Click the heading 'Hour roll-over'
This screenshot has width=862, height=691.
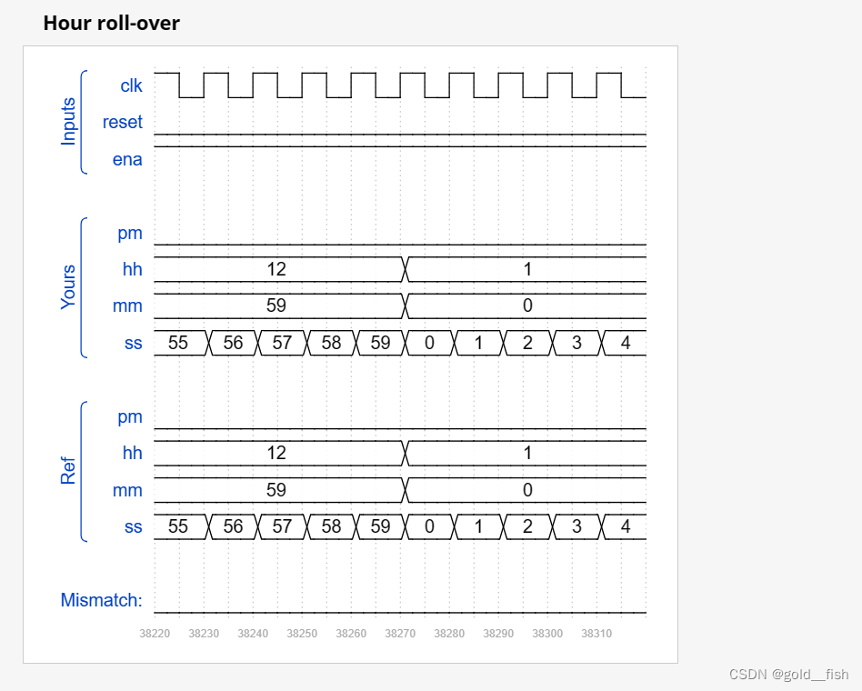[111, 24]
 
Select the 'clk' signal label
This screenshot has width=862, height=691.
[131, 86]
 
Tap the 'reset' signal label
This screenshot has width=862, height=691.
[123, 123]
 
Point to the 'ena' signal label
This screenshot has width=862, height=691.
[127, 160]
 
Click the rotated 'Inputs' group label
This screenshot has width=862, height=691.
[69, 122]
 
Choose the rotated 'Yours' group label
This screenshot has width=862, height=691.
[69, 287]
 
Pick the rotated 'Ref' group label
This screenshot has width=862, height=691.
[69, 471]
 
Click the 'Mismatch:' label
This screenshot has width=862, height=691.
[101, 600]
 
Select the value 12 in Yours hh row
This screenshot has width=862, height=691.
[276, 269]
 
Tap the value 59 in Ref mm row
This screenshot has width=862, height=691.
[276, 490]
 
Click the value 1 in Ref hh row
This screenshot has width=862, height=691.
[527, 453]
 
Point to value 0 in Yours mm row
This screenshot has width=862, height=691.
[527, 306]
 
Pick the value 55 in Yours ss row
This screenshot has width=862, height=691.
[178, 343]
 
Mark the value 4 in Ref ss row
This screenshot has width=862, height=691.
[626, 526]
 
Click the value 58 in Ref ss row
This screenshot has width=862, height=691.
[332, 526]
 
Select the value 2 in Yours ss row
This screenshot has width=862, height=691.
[527, 343]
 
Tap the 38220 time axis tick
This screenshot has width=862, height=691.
[154, 634]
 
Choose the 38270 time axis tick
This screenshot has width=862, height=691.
[400, 634]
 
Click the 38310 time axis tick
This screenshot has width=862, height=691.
[596, 634]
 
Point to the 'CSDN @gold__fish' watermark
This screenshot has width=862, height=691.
[788, 675]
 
